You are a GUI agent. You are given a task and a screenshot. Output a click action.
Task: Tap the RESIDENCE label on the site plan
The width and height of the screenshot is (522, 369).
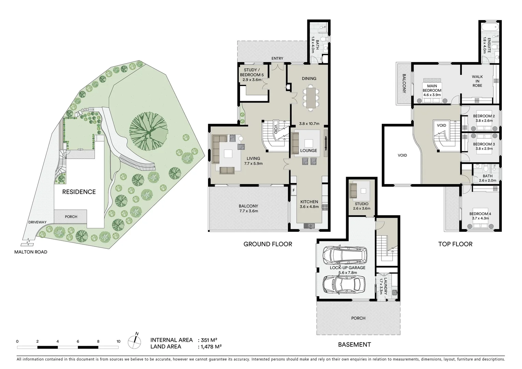(79, 192)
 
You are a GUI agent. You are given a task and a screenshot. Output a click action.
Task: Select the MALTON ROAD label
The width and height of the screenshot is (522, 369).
(31, 252)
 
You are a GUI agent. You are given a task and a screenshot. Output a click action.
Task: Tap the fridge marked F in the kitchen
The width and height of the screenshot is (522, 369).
(293, 190)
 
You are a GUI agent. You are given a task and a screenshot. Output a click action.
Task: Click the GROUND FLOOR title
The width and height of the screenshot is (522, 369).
(268, 244)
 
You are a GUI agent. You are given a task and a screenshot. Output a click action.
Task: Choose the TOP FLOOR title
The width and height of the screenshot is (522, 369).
(455, 244)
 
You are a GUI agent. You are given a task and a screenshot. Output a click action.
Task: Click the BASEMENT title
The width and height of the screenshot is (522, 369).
(354, 344)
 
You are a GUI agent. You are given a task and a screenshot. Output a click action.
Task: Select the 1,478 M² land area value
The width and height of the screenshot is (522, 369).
(210, 346)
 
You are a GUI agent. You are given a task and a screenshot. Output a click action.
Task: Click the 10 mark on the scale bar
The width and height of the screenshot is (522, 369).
(118, 341)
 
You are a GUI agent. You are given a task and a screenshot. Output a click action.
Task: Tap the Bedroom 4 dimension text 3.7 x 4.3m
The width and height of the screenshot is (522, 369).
(480, 218)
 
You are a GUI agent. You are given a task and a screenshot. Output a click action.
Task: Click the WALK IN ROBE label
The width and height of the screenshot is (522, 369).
(477, 81)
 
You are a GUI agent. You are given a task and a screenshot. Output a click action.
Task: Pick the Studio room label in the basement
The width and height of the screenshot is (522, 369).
(361, 204)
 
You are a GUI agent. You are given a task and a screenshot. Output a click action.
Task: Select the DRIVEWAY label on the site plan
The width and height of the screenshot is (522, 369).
(38, 222)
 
